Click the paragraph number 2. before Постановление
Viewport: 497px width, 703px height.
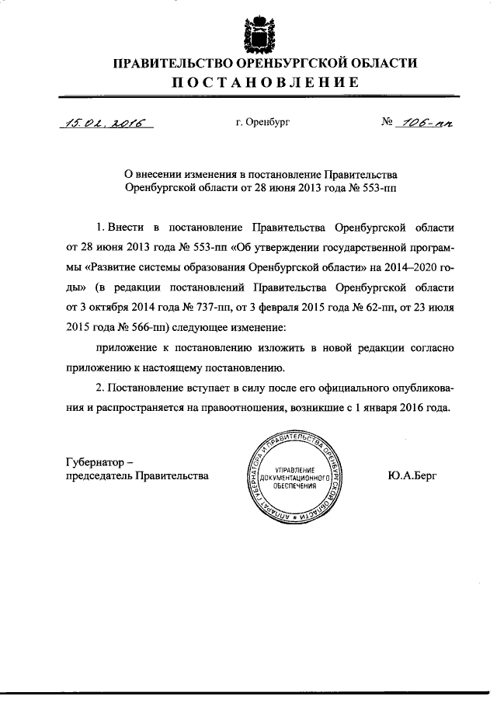tap(99, 387)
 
